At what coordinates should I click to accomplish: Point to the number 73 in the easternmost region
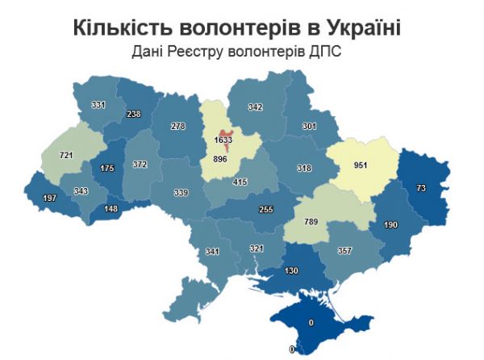[420, 187]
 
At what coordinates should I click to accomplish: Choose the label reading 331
[98, 105]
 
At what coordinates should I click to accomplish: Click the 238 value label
[134, 114]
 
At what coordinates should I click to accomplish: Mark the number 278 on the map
[178, 127]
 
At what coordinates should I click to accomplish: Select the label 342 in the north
[256, 107]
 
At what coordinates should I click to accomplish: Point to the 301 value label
[309, 126]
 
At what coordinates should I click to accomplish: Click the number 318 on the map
[281, 169]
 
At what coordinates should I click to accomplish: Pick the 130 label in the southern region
[291, 270]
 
